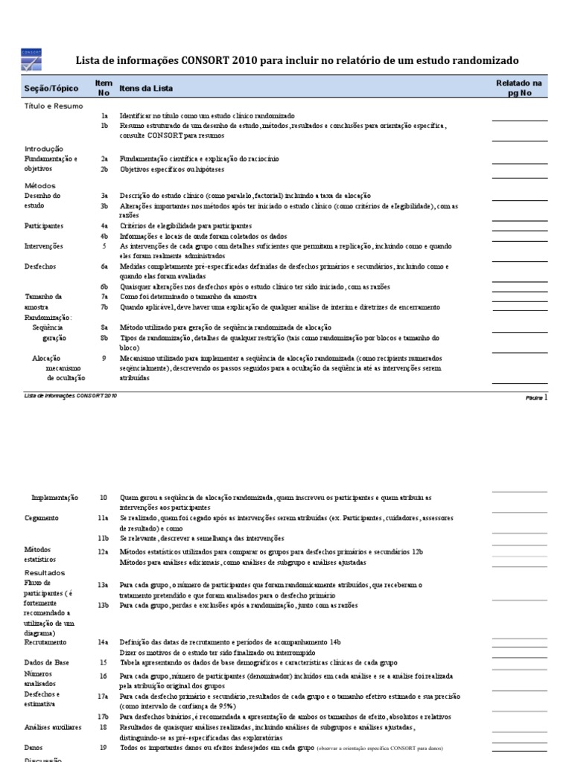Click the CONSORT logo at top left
[x=32, y=60]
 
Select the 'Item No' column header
[x=104, y=88]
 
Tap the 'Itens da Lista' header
[x=146, y=89]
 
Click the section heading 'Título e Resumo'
[x=54, y=106]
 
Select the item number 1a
[x=105, y=117]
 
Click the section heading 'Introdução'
[x=44, y=149]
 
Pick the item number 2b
[x=105, y=169]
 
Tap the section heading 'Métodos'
[x=40, y=185]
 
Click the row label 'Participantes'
[x=43, y=225]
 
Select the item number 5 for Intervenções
[x=105, y=246]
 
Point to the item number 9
[x=105, y=358]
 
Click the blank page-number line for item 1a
[x=518, y=119]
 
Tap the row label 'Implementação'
[x=54, y=497]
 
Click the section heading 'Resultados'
[x=45, y=573]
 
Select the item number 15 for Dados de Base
[x=105, y=662]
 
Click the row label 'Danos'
[x=34, y=748]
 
